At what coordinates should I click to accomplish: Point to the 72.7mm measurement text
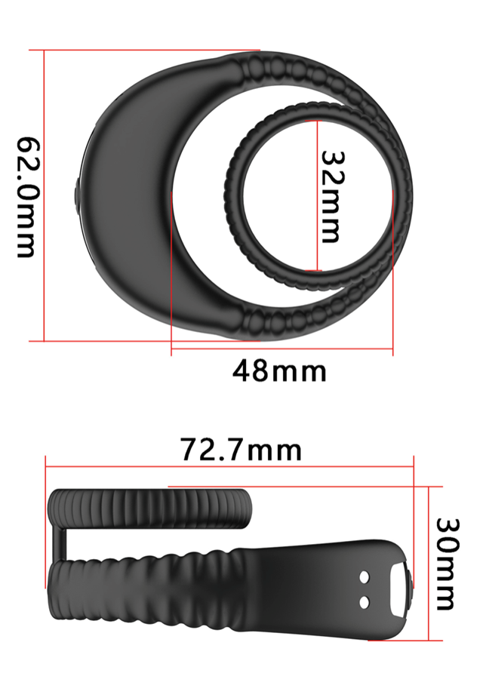pyautogui.click(x=241, y=450)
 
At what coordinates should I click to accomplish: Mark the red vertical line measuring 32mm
pyautogui.click(x=317, y=195)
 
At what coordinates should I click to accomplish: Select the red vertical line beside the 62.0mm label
pyautogui.click(x=45, y=195)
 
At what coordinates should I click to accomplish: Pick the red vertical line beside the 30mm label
pyautogui.click(x=428, y=564)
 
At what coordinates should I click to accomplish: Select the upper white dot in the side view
pyautogui.click(x=365, y=577)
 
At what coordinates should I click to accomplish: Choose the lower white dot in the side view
pyautogui.click(x=365, y=601)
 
